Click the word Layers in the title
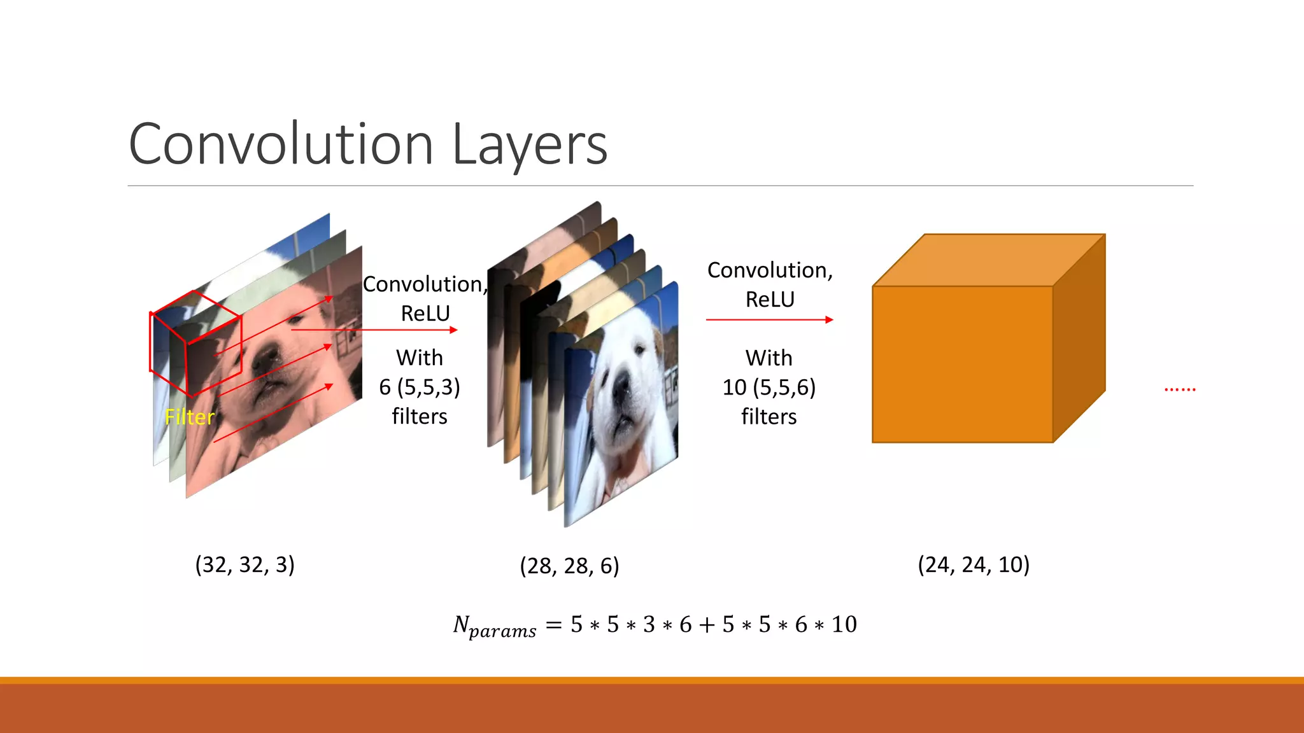coord(530,144)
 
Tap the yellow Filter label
coord(190,417)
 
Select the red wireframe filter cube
coord(195,344)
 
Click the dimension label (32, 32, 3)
coord(244,564)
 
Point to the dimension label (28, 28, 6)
coord(569,566)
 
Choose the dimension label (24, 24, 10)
coord(974,564)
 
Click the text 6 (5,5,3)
coord(420,387)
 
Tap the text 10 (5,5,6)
coord(769,387)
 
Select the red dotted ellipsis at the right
coord(1180,388)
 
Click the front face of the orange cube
coord(962,364)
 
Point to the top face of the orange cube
coord(987,260)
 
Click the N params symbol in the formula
coord(494,626)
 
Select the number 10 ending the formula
coord(844,624)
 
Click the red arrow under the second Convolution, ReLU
coord(769,319)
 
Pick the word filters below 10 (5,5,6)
coord(769,416)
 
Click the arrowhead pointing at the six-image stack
coord(453,330)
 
